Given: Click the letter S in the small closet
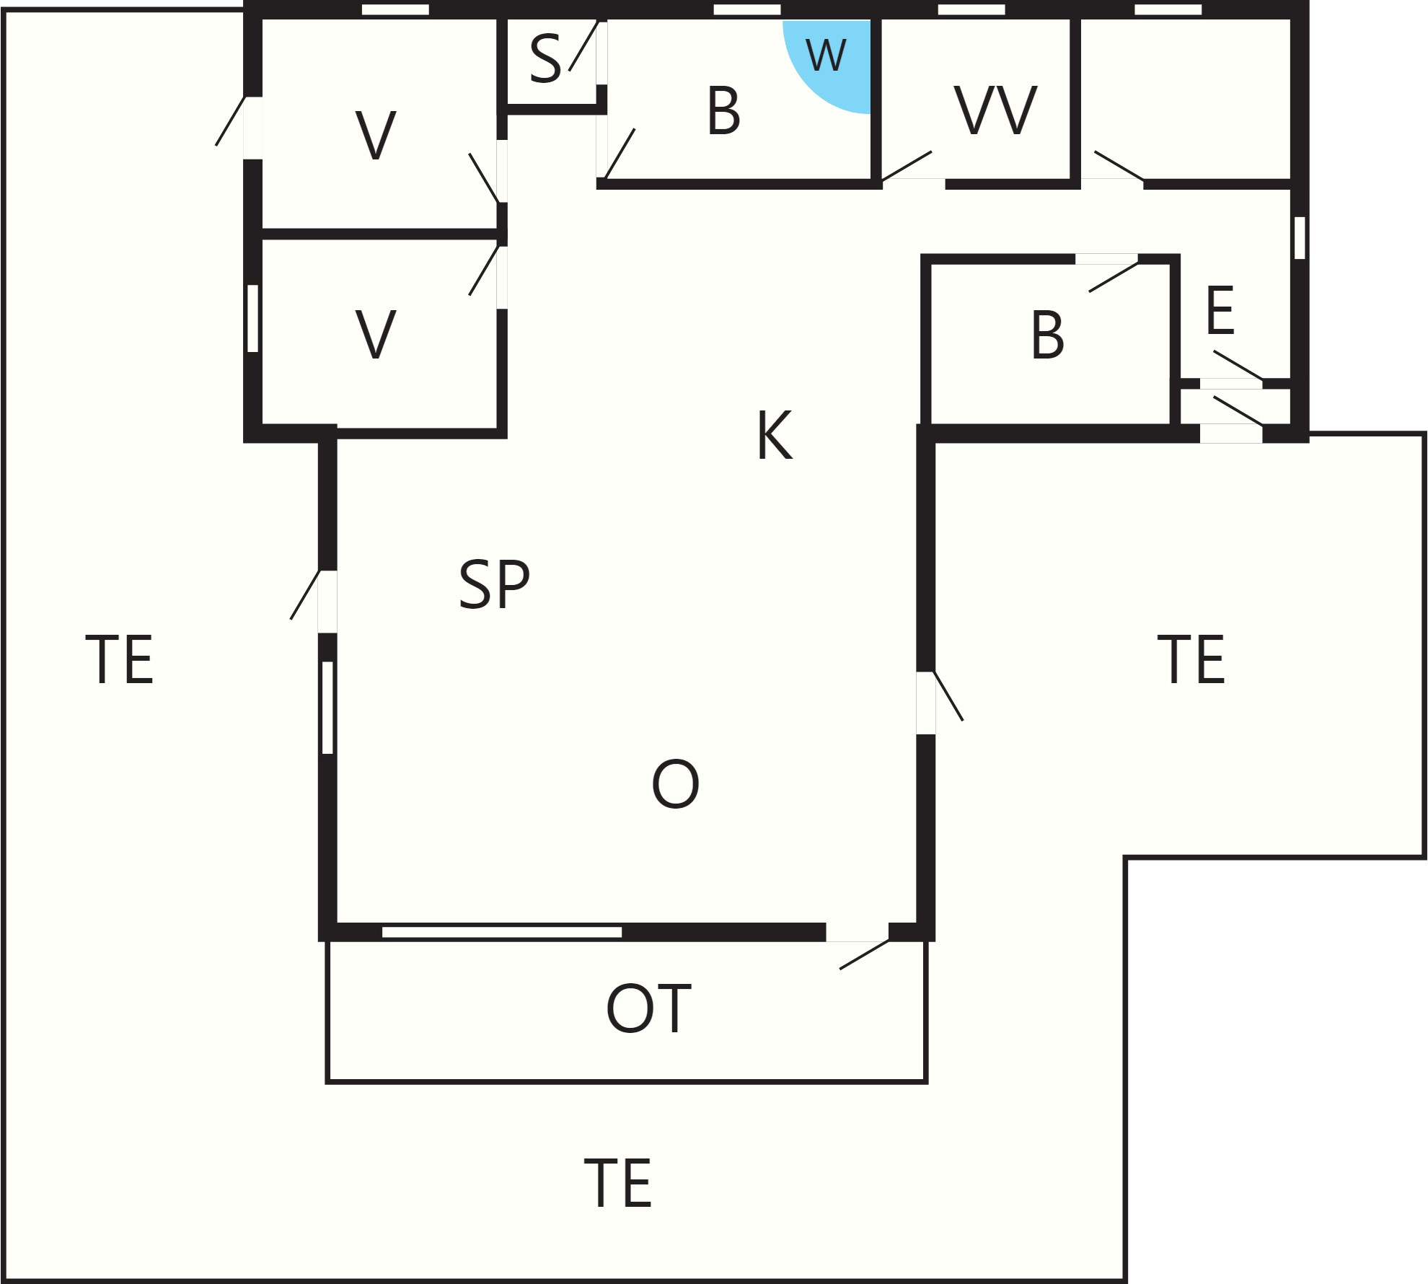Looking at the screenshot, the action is [545, 58].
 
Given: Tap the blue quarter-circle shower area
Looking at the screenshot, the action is [837, 61].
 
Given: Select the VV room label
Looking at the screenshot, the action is [995, 110].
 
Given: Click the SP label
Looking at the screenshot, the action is [494, 584].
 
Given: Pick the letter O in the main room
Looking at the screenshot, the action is [675, 783].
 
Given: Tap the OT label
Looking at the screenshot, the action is [648, 1008].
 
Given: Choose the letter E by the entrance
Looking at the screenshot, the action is [1220, 310].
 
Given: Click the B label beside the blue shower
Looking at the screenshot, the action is [723, 110].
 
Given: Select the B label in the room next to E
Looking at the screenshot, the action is [1047, 335].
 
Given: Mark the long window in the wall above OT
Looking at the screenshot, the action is [502, 932].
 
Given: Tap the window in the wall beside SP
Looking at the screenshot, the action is [327, 708].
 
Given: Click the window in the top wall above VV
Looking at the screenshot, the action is [971, 9].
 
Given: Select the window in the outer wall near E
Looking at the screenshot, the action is [1300, 237].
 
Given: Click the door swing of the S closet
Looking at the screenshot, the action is [583, 45].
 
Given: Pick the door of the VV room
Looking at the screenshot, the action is [907, 166].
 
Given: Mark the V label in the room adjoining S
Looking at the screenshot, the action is [376, 135].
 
